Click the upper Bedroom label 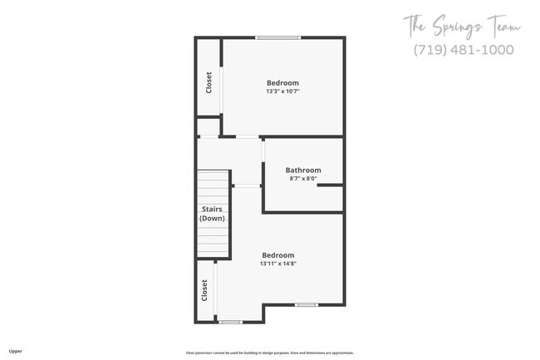coord(282,82)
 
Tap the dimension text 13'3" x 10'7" coord(282,91)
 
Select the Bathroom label coord(303,170)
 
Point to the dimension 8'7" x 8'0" coord(303,179)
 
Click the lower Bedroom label coord(278,255)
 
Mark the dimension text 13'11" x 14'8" coord(278,264)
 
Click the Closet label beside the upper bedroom coord(209,82)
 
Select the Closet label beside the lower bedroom coord(204,290)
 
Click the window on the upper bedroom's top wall coord(278,37)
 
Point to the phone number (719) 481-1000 coord(464,50)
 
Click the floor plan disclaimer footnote coord(269,352)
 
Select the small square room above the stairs coord(208,128)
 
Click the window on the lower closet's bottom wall coord(230,322)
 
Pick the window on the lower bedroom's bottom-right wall coord(307,304)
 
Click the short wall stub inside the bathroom coord(330,185)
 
